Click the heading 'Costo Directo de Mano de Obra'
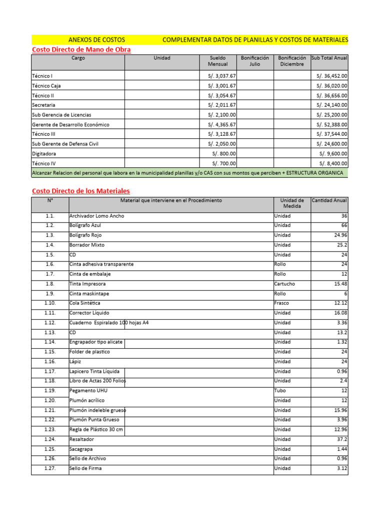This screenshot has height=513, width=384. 81,50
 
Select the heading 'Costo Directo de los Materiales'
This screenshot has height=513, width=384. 80,191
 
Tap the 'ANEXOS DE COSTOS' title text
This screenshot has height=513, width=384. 96,40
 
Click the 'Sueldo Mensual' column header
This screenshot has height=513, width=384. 217,61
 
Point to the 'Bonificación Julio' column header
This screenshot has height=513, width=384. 255,61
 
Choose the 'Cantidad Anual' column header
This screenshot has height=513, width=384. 329,200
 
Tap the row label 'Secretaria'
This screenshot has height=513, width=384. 43,105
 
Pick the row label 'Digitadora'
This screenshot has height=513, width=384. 44,154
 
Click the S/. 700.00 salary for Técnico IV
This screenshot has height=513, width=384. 224,163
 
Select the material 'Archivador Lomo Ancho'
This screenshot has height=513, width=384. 96,216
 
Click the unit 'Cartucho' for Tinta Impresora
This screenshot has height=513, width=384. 284,284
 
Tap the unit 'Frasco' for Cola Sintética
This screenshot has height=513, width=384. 281,303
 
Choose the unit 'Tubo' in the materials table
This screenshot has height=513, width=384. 280,391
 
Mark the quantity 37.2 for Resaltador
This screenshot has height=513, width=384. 341,439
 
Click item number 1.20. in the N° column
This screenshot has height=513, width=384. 50,400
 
